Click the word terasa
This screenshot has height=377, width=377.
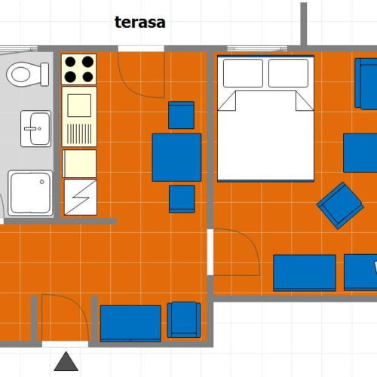click(x=139, y=21)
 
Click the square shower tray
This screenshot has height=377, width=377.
click(x=31, y=192)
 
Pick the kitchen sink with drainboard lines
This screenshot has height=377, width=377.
click(x=79, y=116)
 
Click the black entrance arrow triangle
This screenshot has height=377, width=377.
click(x=66, y=362)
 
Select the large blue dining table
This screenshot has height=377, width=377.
click(x=176, y=157)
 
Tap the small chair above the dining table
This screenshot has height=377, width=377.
click(x=181, y=115)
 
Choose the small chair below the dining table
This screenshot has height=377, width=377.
click(x=182, y=198)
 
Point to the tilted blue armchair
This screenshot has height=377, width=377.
click(x=340, y=204)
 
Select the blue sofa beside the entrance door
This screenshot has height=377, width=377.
click(x=130, y=322)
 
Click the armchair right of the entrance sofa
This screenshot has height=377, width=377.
click(x=183, y=319)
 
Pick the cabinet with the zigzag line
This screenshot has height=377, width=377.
click(x=79, y=197)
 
